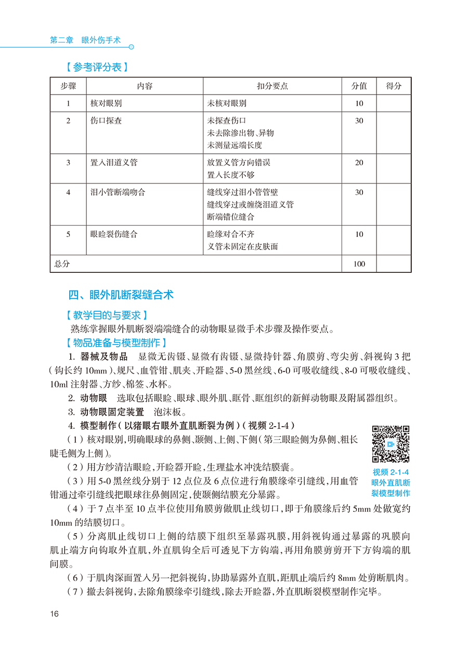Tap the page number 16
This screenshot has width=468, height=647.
coord(55,614)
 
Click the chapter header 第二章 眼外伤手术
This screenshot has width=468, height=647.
coord(85,40)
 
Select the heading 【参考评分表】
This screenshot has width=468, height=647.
coord(97,68)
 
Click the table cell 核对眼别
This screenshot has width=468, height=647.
coord(106,103)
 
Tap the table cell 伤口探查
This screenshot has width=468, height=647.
coord(106,121)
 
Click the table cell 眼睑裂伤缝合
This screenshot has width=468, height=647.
coord(114,234)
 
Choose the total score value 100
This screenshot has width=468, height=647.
coord(359,264)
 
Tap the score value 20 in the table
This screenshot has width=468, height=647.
coord(359,163)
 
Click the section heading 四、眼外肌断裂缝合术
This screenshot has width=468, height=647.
coord(121,295)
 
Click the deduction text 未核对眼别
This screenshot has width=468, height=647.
coord(227,103)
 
